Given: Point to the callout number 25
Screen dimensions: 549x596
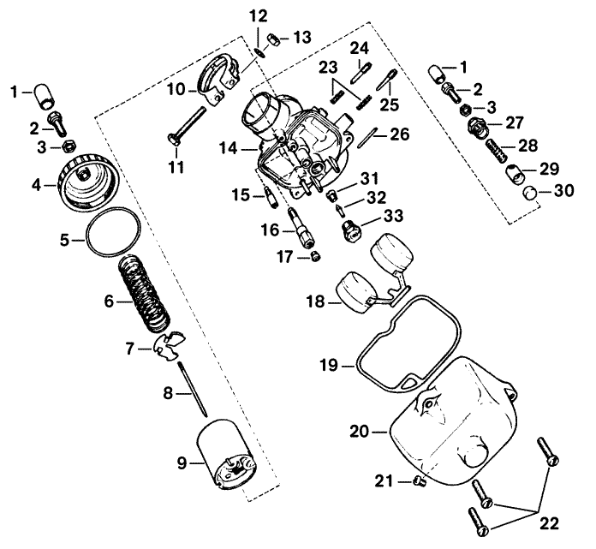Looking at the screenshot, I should pos(390,104).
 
